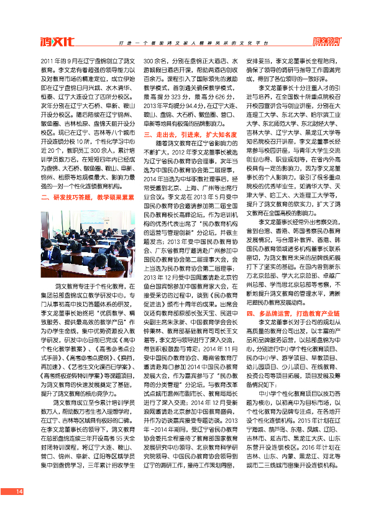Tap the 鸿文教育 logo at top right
328,42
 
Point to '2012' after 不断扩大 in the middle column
178,152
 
